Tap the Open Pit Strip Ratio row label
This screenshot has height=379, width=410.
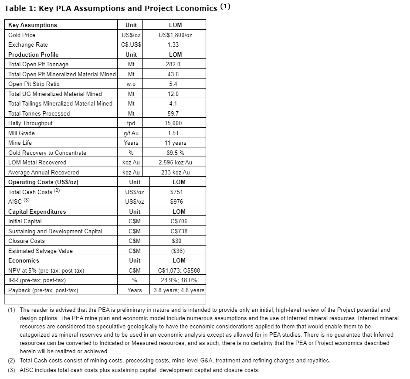point(34,84)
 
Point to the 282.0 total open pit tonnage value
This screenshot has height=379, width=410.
point(173,64)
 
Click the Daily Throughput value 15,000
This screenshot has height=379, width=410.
point(173,123)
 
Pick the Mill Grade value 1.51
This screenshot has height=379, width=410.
point(173,133)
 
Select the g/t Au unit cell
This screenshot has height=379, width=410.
point(131,133)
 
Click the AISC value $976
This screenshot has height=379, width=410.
point(176,201)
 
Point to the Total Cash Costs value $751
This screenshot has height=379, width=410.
point(176,192)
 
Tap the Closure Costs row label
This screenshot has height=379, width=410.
point(27,241)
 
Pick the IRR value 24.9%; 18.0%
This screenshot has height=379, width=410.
point(179,280)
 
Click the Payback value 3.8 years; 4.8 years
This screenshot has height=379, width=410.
point(179,290)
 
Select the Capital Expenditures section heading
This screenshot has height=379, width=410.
point(37,212)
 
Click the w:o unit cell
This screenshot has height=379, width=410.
point(131,84)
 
